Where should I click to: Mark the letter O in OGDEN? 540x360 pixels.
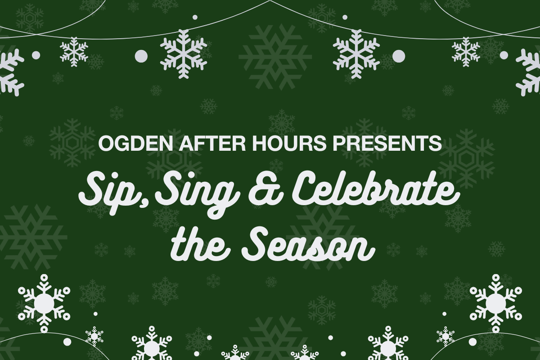click(106, 144)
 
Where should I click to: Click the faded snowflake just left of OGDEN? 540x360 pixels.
click(72, 143)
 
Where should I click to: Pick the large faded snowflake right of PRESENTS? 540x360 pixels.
click(467, 159)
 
